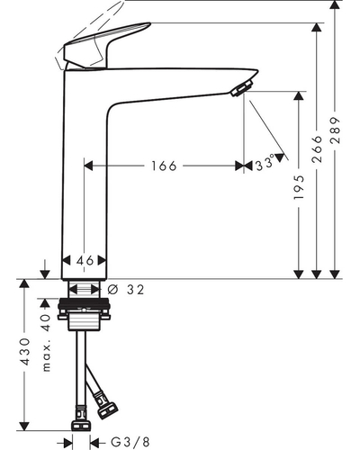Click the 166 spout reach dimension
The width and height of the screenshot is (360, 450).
(x=164, y=166)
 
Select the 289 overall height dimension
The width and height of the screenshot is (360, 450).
(x=336, y=130)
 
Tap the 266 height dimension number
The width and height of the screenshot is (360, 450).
(x=317, y=149)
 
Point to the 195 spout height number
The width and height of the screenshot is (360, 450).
(x=299, y=187)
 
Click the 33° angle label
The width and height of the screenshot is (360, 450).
(x=265, y=164)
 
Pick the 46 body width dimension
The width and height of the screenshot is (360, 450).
(x=85, y=261)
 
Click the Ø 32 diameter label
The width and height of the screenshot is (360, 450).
(x=126, y=290)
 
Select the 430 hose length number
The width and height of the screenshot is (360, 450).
(x=24, y=351)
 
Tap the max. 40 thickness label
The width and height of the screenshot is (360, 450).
(x=46, y=343)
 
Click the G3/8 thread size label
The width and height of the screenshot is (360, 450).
(x=130, y=442)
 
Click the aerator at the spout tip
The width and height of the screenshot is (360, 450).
(x=242, y=87)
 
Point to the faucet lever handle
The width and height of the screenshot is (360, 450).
(x=106, y=45)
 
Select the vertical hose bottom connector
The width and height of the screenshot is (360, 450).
(x=81, y=418)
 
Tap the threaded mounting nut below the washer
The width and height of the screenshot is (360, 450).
(x=84, y=322)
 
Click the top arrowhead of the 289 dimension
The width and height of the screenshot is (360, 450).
(x=335, y=5)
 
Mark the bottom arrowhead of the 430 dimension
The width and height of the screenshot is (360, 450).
(x=24, y=426)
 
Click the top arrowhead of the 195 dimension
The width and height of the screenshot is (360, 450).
(x=299, y=95)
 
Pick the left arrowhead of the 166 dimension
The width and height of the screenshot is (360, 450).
(x=88, y=166)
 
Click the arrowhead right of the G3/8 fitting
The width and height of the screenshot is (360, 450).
(x=94, y=442)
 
